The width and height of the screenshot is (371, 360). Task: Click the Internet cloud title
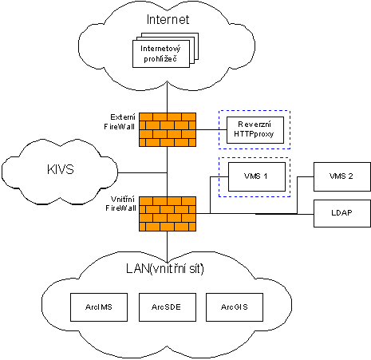[x=168, y=19]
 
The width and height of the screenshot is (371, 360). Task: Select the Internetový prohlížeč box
[x=161, y=53]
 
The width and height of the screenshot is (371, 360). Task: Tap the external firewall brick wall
[x=168, y=129]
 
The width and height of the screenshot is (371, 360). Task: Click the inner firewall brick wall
[x=168, y=214]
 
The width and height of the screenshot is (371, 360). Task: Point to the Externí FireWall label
[x=120, y=122]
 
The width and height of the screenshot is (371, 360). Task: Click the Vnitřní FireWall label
[x=120, y=204]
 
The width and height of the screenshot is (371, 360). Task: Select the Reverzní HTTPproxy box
[x=255, y=130]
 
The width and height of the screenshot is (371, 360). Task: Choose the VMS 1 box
[x=257, y=176]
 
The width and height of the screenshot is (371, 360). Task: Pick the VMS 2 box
[x=342, y=176]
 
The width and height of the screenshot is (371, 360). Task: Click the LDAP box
[x=342, y=213]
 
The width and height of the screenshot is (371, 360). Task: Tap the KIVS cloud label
[x=61, y=169]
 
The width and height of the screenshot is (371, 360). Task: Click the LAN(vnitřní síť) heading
[x=165, y=269]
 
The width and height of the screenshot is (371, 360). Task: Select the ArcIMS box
[x=99, y=307]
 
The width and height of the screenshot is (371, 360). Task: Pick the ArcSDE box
[x=168, y=307]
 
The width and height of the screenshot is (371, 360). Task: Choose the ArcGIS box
[x=235, y=307]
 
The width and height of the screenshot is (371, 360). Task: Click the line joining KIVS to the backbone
[x=142, y=173]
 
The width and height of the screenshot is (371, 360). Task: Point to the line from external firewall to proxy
[x=211, y=130]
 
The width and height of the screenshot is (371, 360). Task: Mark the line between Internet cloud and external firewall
[x=167, y=97]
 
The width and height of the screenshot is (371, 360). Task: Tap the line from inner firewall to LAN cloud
[x=167, y=247]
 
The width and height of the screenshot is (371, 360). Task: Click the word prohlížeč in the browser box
[x=160, y=59]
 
